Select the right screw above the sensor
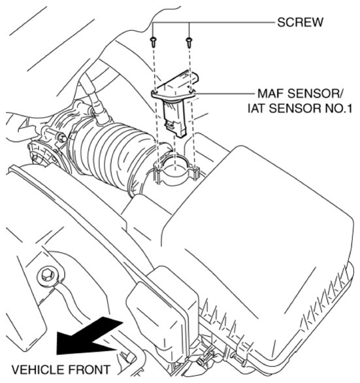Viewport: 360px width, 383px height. click(189, 41)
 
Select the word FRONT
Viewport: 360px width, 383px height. click(86, 370)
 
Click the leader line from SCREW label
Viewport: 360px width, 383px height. click(235, 22)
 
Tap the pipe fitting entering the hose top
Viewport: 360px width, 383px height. click(97, 108)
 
